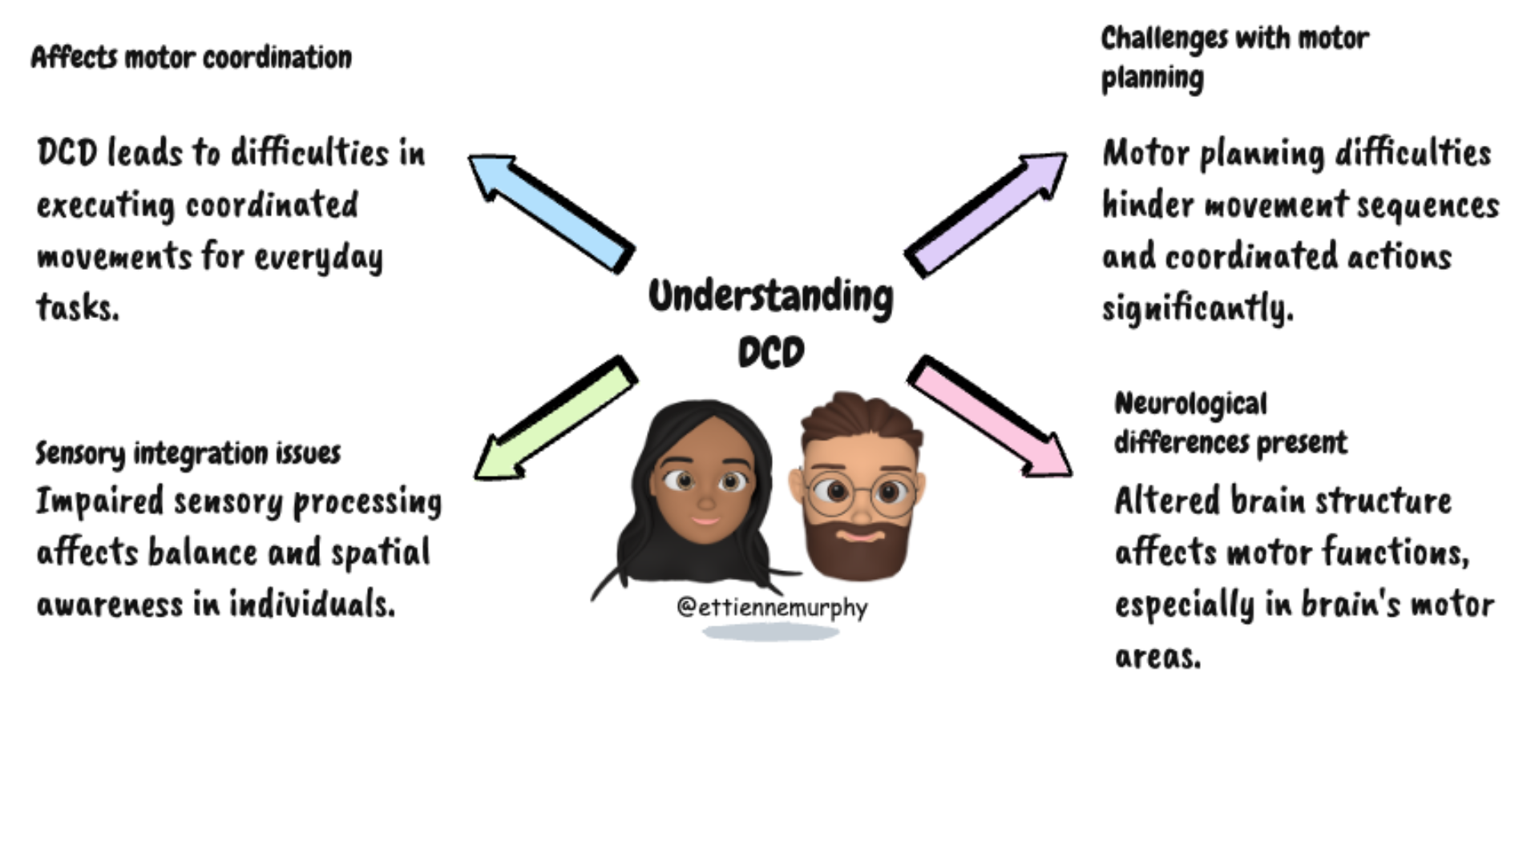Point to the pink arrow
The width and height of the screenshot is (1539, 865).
click(991, 417)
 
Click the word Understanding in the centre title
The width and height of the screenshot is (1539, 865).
click(770, 296)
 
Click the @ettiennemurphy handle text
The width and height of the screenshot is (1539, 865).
click(772, 607)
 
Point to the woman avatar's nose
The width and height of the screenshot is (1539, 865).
click(705, 502)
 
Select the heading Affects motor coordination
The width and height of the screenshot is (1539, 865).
click(191, 58)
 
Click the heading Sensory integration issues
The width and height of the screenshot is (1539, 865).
click(188, 453)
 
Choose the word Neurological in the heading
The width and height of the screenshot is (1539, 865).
click(1190, 404)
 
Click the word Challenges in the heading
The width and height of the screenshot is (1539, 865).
click(1153, 38)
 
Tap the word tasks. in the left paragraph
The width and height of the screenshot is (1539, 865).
click(78, 308)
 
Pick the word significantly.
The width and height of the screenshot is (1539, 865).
click(1198, 308)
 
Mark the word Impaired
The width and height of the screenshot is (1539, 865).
click(99, 502)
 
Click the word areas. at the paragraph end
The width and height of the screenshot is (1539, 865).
click(1157, 657)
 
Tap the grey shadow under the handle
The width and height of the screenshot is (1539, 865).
click(770, 633)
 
